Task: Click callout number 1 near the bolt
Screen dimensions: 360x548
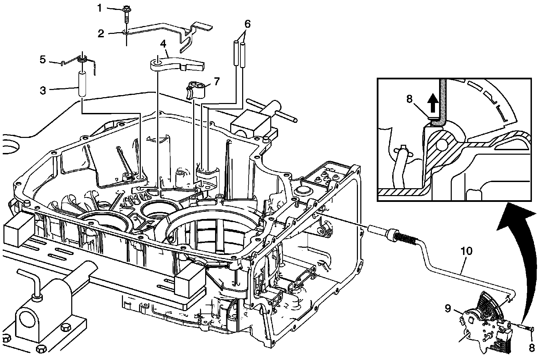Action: coord(100,8)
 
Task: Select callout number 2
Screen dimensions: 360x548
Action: coord(101,34)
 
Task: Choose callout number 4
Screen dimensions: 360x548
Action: coord(163,44)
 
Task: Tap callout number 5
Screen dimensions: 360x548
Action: coord(42,60)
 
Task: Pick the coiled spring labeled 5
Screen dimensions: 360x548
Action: coord(82,59)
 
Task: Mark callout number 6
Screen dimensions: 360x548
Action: coord(247,24)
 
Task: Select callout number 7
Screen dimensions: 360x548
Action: coord(216,81)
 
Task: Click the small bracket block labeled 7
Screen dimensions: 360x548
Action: coord(196,90)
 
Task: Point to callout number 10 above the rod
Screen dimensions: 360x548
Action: coord(466,251)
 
